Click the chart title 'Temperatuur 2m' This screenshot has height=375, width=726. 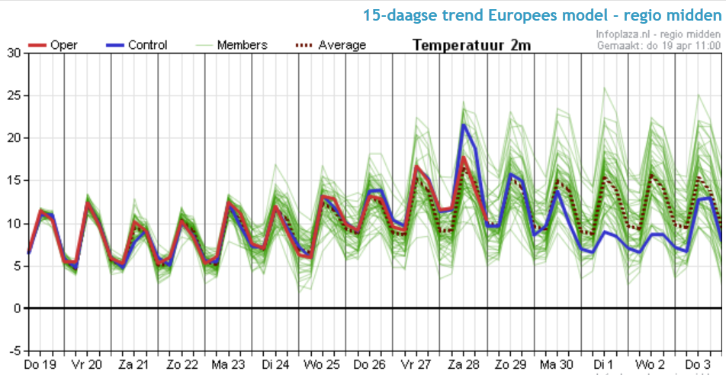click(471, 45)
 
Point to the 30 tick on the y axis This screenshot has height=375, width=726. click(14, 53)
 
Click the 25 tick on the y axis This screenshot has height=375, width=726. click(14, 95)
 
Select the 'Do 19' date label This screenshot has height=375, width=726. click(40, 364)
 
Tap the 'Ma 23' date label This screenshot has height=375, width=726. click(228, 364)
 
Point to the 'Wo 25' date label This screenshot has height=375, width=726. click(322, 364)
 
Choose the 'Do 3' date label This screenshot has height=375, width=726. click(698, 364)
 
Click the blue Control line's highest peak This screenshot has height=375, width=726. click(463, 124)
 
